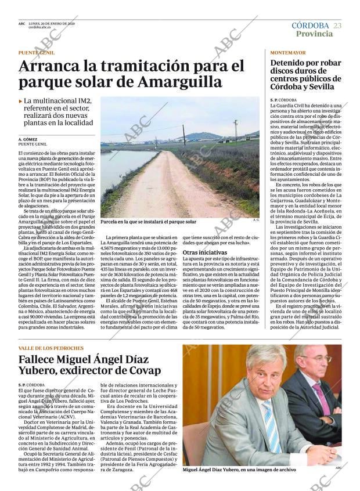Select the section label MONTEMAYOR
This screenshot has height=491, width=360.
(288, 53)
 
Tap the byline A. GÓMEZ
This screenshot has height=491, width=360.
(28, 140)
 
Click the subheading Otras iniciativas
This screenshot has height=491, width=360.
(205, 252)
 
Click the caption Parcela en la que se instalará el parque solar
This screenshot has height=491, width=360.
(148, 222)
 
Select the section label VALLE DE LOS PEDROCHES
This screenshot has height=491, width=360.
(51, 348)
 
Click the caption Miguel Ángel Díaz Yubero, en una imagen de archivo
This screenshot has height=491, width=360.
(239, 469)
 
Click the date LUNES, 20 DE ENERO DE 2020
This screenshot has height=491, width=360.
(52, 24)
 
